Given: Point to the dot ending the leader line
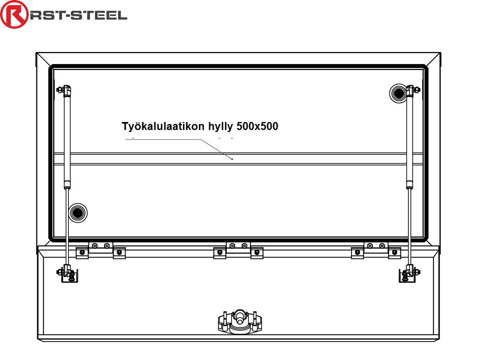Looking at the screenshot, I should [x=232, y=159].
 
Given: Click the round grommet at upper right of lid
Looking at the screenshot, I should [x=398, y=93].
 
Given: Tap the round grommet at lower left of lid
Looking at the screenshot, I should [x=78, y=213].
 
